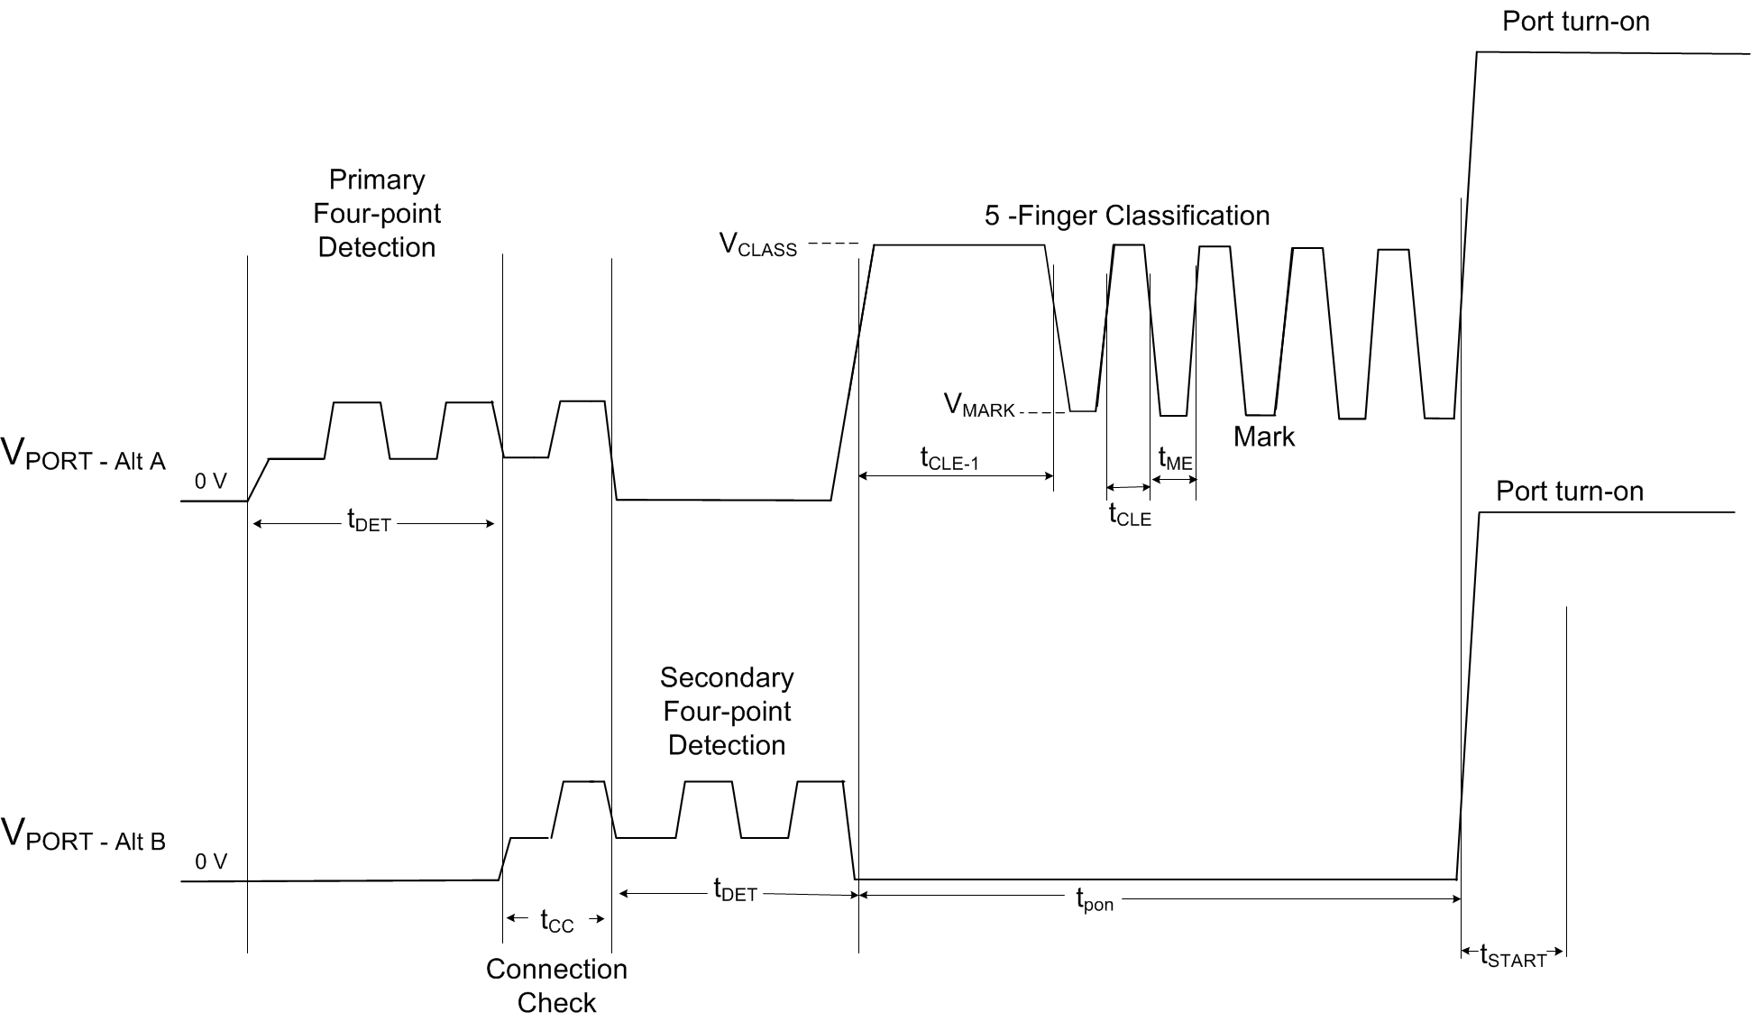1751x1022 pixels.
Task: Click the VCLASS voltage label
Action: tap(757, 245)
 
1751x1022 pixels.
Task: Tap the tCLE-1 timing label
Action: tap(949, 460)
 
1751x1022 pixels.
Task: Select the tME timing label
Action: tap(1175, 459)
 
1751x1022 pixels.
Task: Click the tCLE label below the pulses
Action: tap(1130, 516)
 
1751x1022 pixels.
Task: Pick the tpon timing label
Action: tap(1095, 900)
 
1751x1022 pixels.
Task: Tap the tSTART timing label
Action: tap(1513, 957)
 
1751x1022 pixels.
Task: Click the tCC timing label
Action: tap(556, 921)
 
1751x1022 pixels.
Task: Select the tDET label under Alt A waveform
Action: tap(369, 520)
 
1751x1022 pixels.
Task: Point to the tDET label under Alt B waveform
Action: tap(735, 891)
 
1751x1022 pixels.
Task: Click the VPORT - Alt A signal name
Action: tap(84, 456)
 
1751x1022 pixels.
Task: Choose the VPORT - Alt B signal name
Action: tap(84, 835)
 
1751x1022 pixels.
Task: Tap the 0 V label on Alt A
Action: tap(211, 482)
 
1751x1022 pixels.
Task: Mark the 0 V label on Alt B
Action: tap(211, 862)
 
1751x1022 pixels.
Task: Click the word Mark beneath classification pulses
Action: tap(1263, 437)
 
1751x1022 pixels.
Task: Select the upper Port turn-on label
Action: tap(1575, 22)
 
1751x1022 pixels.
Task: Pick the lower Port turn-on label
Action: tap(1569, 492)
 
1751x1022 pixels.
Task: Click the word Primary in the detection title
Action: tap(377, 180)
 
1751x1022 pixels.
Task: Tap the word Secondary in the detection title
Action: tap(727, 677)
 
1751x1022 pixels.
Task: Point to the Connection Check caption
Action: tap(556, 986)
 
